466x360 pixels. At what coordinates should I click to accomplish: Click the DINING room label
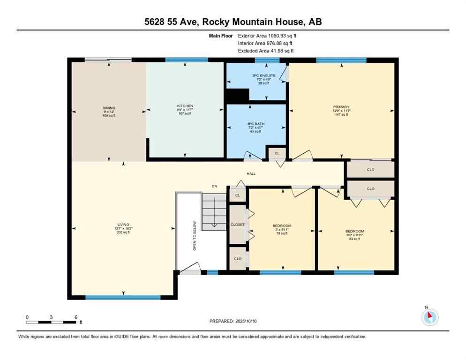(109, 107)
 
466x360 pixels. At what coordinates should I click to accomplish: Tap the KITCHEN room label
(185, 106)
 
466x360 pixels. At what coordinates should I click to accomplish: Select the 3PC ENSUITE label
(266, 75)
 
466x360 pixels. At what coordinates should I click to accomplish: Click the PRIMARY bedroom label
(341, 107)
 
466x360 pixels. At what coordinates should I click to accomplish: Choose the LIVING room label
(123, 225)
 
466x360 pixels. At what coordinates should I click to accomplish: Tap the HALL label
(251, 174)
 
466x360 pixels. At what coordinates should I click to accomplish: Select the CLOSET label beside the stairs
(238, 225)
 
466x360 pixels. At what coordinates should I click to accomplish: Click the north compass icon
(429, 317)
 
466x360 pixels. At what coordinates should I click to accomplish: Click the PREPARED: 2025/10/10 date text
(233, 321)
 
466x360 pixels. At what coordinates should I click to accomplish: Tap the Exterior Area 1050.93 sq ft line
(267, 35)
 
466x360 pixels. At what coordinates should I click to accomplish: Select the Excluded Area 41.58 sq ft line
(266, 51)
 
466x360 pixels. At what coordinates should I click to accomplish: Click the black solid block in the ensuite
(237, 95)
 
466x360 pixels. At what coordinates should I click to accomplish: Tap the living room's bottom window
(123, 297)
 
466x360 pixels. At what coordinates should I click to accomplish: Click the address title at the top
(233, 22)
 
